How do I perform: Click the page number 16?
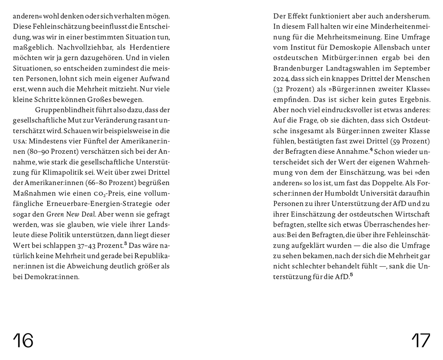(23, 340)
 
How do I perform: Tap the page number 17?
(420, 340)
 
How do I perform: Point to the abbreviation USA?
(19, 141)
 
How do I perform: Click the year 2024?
(283, 79)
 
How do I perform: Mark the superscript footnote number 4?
(372, 150)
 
